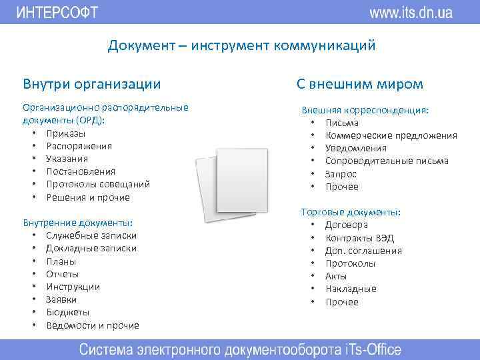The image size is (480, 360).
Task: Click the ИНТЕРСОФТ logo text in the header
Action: pyautogui.click(x=57, y=12)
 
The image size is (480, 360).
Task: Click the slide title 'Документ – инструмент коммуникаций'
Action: pyautogui.click(x=242, y=46)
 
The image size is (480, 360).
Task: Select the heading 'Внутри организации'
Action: pyautogui.click(x=92, y=84)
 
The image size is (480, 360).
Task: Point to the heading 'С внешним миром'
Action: pyautogui.click(x=360, y=84)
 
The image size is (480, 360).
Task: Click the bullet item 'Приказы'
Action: pyautogui.click(x=65, y=133)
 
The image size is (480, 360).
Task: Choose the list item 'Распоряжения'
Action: pyautogui.click(x=79, y=146)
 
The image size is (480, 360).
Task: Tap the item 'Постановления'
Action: pyautogui.click(x=81, y=171)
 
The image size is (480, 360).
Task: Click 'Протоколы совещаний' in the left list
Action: pyautogui.click(x=98, y=184)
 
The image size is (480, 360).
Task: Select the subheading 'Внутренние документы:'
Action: pyautogui.click(x=78, y=223)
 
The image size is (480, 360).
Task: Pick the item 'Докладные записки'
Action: pyautogui.click(x=91, y=248)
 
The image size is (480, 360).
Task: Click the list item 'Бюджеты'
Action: pyautogui.click(x=67, y=312)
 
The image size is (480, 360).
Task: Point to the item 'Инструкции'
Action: pyautogui.click(x=73, y=287)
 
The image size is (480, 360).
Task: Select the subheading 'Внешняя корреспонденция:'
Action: pyautogui.click(x=365, y=110)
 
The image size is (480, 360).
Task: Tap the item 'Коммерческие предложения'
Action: pyautogui.click(x=391, y=135)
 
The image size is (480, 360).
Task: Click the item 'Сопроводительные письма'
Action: pyautogui.click(x=387, y=161)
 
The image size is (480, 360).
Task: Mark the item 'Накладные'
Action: pyautogui.click(x=351, y=289)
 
